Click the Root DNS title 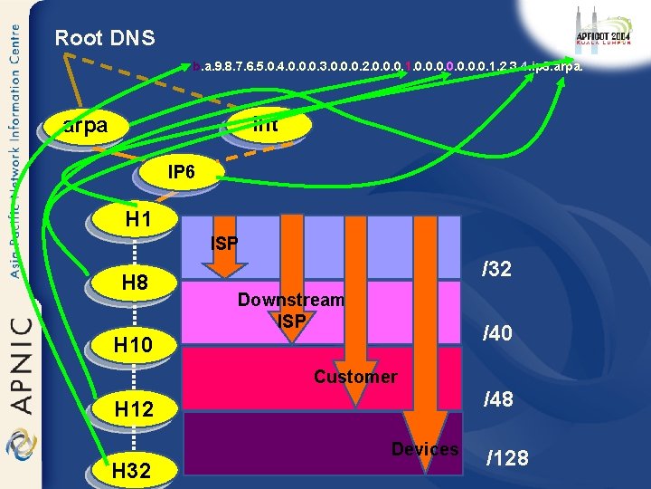(x=105, y=38)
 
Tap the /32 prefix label (x=496, y=269)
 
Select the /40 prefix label (x=497, y=334)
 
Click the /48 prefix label (x=497, y=398)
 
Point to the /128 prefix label (x=507, y=457)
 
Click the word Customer (x=354, y=377)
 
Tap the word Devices (x=424, y=449)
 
